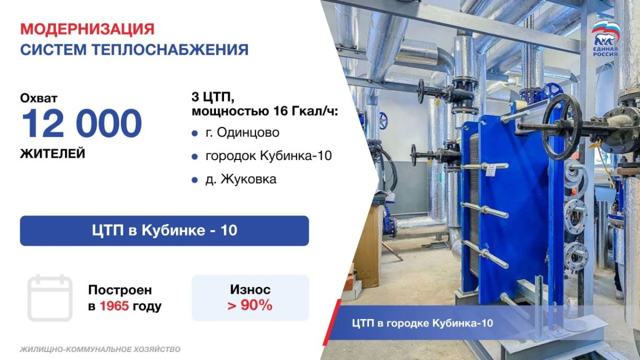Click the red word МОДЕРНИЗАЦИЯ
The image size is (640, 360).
[x=87, y=29]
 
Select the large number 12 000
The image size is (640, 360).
[x=82, y=123]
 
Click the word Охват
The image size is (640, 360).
[x=38, y=98]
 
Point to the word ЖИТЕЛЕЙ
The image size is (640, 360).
[x=53, y=154]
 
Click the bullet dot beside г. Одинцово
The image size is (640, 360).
[x=195, y=133]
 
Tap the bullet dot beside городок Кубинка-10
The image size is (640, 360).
[x=195, y=157]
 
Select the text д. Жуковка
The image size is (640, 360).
[x=241, y=179]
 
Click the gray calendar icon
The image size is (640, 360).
[x=50, y=298]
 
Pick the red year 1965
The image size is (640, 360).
[x=114, y=306]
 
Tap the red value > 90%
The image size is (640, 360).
[x=250, y=305]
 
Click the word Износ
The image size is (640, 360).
[x=250, y=290]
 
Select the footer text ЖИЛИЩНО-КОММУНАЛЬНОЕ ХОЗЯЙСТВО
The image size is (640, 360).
[x=100, y=349]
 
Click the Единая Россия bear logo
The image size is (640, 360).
[x=605, y=39]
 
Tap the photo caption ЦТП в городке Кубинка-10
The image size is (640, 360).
[x=422, y=323]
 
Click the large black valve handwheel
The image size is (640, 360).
[x=562, y=126]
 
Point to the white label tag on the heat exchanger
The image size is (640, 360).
[x=491, y=171]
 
